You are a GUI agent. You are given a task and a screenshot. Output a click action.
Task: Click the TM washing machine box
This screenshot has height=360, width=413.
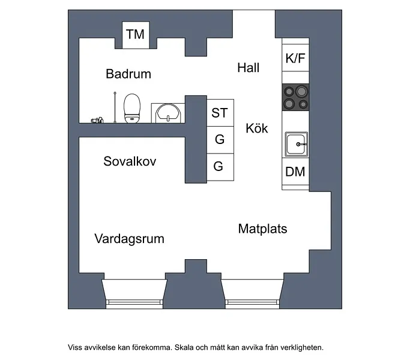136,35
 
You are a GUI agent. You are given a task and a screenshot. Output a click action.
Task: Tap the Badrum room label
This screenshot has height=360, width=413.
128,74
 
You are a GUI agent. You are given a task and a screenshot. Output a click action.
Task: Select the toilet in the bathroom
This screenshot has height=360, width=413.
132,108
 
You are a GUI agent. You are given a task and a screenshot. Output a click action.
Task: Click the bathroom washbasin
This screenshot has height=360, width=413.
168,113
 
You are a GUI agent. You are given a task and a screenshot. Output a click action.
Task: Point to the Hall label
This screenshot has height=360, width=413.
249,68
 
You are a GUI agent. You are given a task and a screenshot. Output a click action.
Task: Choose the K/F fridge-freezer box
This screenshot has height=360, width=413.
295,58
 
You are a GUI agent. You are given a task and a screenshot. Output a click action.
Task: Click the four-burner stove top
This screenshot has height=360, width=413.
295,97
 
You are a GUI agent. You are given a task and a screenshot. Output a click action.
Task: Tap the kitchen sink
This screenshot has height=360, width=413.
297,145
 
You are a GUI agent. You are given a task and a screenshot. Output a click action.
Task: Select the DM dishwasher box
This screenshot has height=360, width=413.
295,172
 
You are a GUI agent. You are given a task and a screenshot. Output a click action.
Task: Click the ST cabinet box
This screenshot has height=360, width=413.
220,113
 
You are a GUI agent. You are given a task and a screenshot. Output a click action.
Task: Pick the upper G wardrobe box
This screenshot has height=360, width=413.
220,140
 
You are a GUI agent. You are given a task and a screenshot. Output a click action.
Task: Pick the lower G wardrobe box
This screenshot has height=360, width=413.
220,167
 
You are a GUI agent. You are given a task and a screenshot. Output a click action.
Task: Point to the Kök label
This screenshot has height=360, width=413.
257,128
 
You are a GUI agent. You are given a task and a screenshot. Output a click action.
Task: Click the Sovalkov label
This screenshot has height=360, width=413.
130,161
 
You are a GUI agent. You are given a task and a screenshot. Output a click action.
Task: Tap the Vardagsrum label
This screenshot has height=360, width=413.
129,239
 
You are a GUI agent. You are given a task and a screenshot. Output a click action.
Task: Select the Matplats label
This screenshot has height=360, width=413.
262,229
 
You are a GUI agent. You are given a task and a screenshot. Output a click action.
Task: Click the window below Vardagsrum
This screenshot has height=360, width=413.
134,293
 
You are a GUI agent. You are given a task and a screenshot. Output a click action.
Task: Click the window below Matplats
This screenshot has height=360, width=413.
252,293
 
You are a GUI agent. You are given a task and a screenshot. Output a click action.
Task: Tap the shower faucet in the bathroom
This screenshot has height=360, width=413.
97,121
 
